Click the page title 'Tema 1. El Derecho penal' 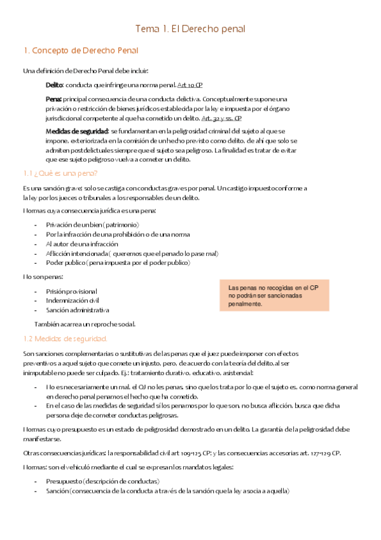pos(190,29)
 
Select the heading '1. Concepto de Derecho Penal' pos(80,50)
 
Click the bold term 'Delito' pos(54,85)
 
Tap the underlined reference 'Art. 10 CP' pos(190,85)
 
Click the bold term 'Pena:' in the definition pos(54,99)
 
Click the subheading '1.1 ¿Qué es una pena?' pos(60,173)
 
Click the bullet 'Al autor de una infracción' pos(82,244)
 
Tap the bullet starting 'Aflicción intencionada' pos(132,253)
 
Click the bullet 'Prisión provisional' pos(71,291)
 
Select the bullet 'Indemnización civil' pos(73,300)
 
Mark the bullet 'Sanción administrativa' pos(77,310)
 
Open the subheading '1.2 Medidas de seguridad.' pos(65,338)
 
